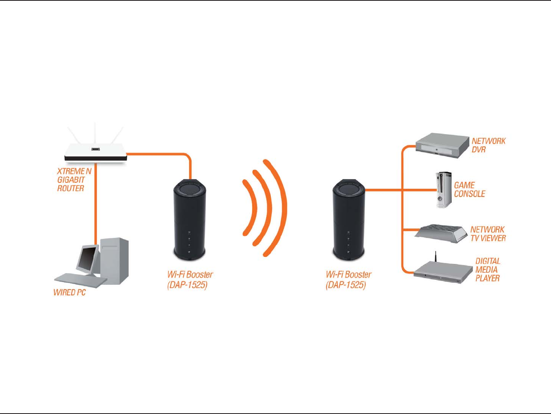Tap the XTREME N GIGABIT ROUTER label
(x=74, y=180)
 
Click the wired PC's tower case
(x=115, y=260)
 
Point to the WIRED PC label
(x=69, y=292)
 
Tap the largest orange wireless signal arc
(x=280, y=208)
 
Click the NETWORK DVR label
(x=488, y=145)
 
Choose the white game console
(x=444, y=190)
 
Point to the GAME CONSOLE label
(x=469, y=189)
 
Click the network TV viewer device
(x=441, y=233)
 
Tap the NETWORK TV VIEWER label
(x=488, y=234)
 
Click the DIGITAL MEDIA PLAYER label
(x=488, y=269)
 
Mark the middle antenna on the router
(x=95, y=134)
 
